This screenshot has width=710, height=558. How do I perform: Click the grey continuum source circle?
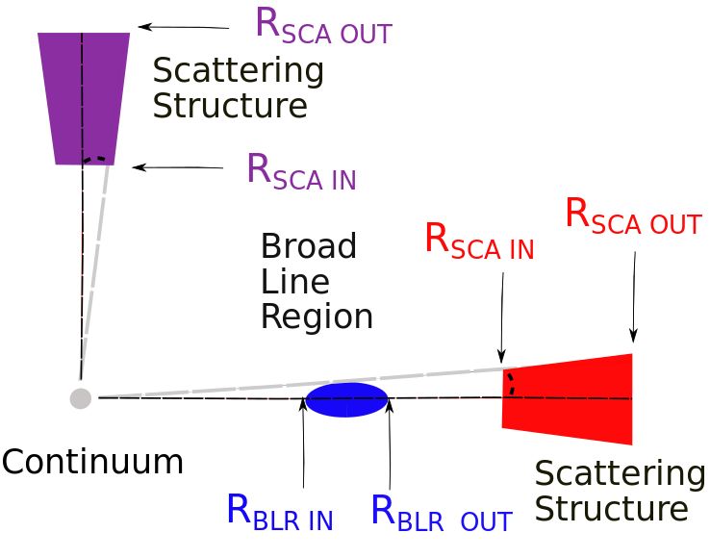click(x=81, y=398)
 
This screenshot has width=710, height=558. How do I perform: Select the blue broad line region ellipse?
click(x=347, y=399)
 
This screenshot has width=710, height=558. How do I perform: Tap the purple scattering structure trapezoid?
click(x=84, y=98)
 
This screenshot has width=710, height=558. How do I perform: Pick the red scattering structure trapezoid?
click(x=567, y=399)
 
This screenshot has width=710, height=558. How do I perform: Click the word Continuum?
click(x=92, y=462)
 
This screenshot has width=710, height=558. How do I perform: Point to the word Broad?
click(x=309, y=246)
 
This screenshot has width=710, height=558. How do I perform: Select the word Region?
click(x=317, y=317)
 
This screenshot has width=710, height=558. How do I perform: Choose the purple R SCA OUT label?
click(x=324, y=26)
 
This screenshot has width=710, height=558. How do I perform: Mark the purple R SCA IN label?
click(x=301, y=172)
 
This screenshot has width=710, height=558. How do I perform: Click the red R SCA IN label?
click(x=479, y=242)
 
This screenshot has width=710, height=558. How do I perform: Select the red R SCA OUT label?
click(x=633, y=217)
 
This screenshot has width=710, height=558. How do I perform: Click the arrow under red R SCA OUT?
click(x=634, y=297)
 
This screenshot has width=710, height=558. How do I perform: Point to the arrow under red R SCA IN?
click(x=501, y=317)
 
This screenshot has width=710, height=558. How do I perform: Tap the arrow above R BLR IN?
click(x=303, y=442)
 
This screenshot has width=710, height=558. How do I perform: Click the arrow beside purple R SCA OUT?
click(x=184, y=27)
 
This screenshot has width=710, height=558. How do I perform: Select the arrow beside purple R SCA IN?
click(x=177, y=167)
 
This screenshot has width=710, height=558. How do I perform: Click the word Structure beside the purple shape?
click(x=230, y=105)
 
